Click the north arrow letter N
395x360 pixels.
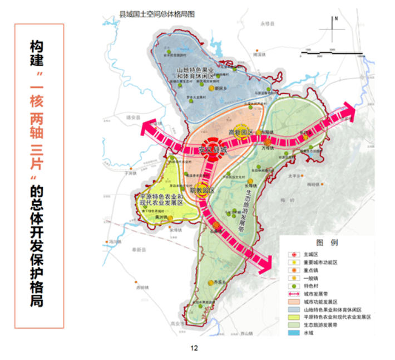pyautogui.click(x=336, y=18)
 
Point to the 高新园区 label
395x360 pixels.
pyautogui.click(x=240, y=133)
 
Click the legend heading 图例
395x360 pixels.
pyautogui.click(x=327, y=243)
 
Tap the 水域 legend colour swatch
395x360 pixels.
pyautogui.click(x=294, y=333)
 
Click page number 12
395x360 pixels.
pyautogui.click(x=194, y=349)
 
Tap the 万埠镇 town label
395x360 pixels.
pyautogui.click(x=268, y=148)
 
